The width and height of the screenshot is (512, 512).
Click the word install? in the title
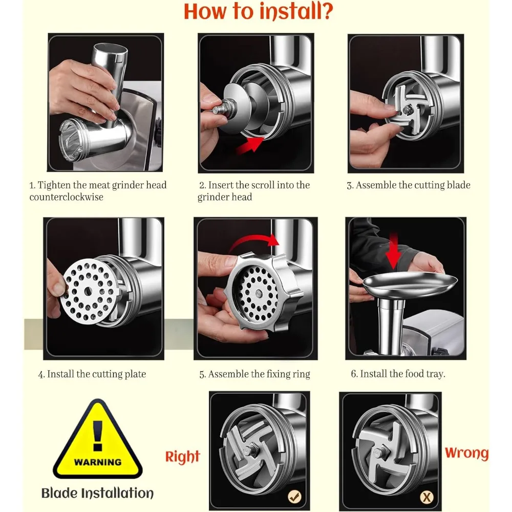pyautogui.click(x=296, y=11)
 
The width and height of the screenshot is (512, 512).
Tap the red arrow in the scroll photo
pyautogui.click(x=250, y=145)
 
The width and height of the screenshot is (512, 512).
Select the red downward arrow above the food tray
pyautogui.click(x=394, y=251)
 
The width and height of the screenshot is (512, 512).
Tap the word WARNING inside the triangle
pyautogui.click(x=98, y=462)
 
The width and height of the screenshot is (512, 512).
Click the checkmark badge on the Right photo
pyautogui.click(x=294, y=497)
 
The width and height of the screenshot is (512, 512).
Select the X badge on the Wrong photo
pyautogui.click(x=426, y=497)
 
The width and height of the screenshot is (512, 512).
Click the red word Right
pyautogui.click(x=183, y=457)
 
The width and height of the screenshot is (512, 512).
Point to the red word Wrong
pyautogui.click(x=466, y=453)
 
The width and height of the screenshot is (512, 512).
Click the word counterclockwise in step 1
pyautogui.click(x=66, y=197)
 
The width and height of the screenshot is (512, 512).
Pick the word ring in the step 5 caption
pyautogui.click(x=302, y=374)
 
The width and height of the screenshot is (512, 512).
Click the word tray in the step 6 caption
pyautogui.click(x=436, y=374)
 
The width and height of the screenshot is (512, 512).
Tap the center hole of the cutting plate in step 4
pyautogui.click(x=88, y=291)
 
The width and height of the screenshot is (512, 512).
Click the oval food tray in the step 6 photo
pyautogui.click(x=410, y=284)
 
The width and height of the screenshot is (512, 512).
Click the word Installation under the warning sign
pyautogui.click(x=117, y=493)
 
